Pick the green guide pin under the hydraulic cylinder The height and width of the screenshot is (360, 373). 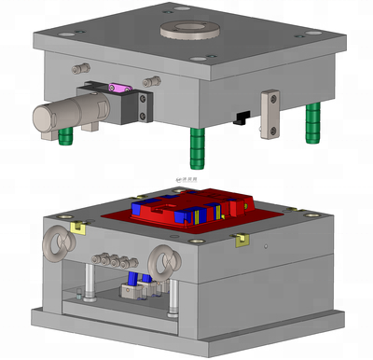pyautogui.click(x=66, y=136)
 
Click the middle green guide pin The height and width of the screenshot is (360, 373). pyautogui.click(x=197, y=145)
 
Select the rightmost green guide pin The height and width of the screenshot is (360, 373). pyautogui.click(x=313, y=121)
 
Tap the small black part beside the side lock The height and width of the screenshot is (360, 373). pyautogui.click(x=242, y=118)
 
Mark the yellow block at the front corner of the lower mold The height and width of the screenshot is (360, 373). pyautogui.click(x=241, y=241)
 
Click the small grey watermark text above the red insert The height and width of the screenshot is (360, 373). pyautogui.click(x=186, y=177)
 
